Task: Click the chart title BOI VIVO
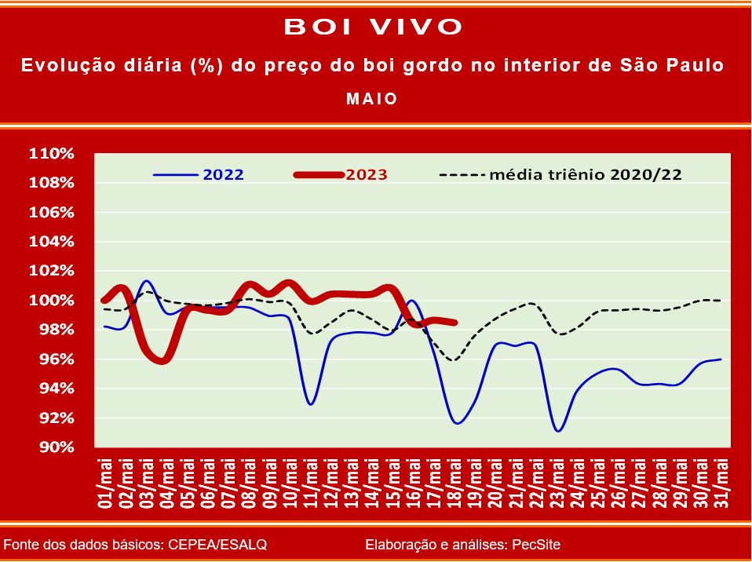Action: coord(373,27)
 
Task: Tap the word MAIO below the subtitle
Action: coord(372,99)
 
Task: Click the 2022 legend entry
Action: coord(198,174)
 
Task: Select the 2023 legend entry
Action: coord(341,174)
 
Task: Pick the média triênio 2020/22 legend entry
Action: coord(560,174)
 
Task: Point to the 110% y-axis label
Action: coord(52,154)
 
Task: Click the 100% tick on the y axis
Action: coord(52,301)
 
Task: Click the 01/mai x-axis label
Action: coord(105,483)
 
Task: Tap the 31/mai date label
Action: coord(721,483)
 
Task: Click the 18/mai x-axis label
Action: coord(454,483)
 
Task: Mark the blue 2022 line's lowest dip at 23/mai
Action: coord(558,431)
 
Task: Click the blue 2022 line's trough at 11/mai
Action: coord(311,403)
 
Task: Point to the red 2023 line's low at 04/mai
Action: coord(162,360)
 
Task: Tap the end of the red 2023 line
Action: coord(455,323)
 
